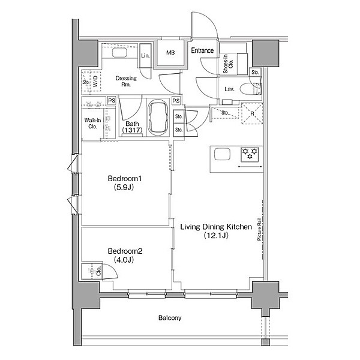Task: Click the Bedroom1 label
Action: pyautogui.click(x=125, y=178)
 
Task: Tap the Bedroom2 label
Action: pyautogui.click(x=125, y=251)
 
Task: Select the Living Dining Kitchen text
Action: pyautogui.click(x=216, y=227)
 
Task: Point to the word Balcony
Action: pyautogui.click(x=170, y=318)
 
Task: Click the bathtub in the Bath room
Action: pyautogui.click(x=158, y=118)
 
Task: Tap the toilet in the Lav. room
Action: pyautogui.click(x=250, y=89)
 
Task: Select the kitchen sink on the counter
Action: pyautogui.click(x=222, y=154)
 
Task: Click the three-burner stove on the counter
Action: pyautogui.click(x=250, y=154)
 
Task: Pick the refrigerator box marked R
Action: pyautogui.click(x=252, y=113)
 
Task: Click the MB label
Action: pyautogui.click(x=170, y=53)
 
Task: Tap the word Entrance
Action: pyautogui.click(x=202, y=50)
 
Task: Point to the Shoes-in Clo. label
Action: pyautogui.click(x=228, y=64)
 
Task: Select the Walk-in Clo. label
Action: pyautogui.click(x=92, y=123)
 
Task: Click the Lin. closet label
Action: pyautogui.click(x=145, y=55)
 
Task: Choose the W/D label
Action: pyautogui.click(x=95, y=81)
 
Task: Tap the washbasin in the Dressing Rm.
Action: pyautogui.click(x=119, y=53)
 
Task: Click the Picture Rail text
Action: pyautogui.click(x=259, y=229)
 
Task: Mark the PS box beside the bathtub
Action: pyautogui.click(x=176, y=101)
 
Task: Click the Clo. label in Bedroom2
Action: pyautogui.click(x=99, y=271)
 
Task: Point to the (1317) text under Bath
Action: pyautogui.click(x=132, y=130)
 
